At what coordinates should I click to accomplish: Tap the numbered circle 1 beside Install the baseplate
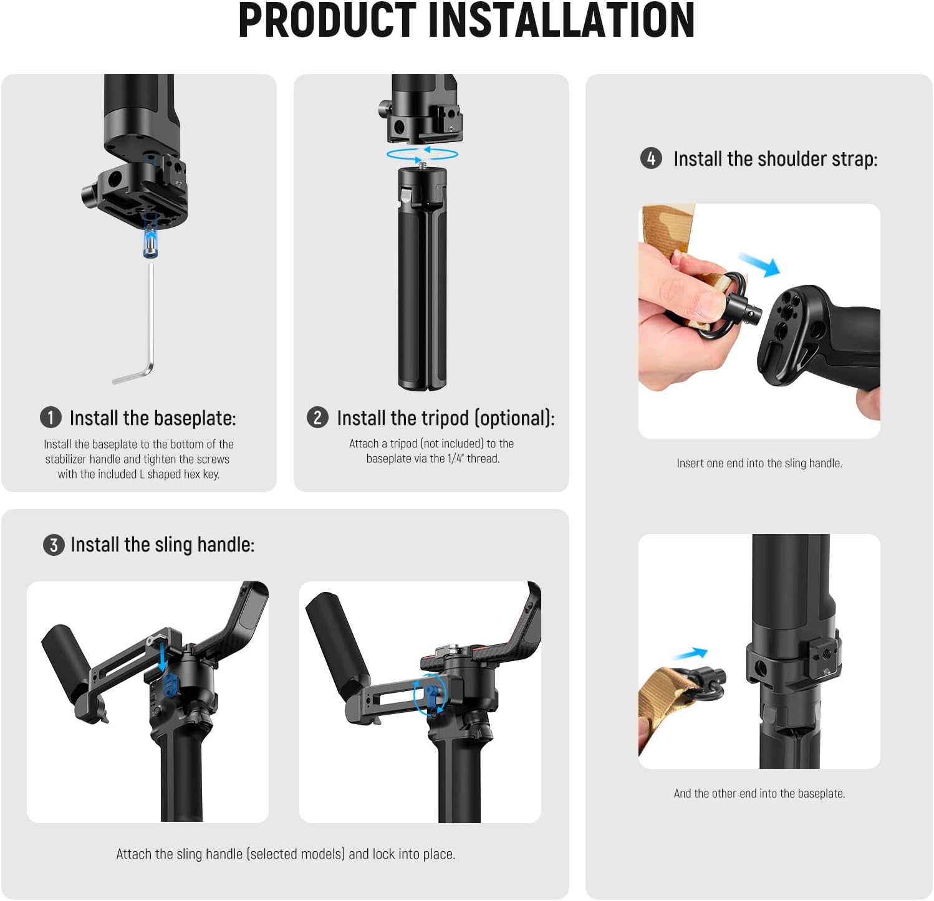click(51, 417)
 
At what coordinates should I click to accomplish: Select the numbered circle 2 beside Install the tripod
click(317, 417)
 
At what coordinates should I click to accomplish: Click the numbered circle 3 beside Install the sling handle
click(54, 545)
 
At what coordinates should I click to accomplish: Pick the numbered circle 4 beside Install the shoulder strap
click(651, 158)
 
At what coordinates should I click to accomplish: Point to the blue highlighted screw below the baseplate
click(150, 236)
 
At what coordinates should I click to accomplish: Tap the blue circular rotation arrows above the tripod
click(422, 154)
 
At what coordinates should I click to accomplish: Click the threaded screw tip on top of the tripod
click(422, 164)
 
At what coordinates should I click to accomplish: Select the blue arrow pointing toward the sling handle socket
click(759, 264)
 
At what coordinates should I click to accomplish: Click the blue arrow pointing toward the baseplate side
click(690, 654)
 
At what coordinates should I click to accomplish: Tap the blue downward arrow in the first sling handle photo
click(163, 658)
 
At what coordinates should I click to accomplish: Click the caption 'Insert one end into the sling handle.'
click(759, 463)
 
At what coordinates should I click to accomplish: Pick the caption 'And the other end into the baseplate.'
click(759, 793)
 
